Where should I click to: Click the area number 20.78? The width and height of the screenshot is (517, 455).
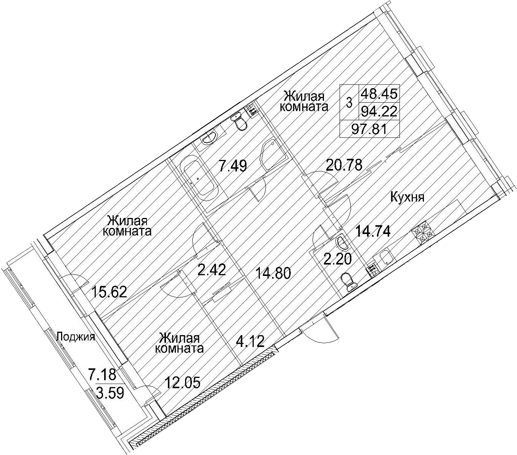tap(344, 165)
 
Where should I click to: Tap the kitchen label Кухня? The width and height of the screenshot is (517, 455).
tap(407, 197)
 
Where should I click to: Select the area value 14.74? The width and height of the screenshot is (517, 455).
tap(373, 232)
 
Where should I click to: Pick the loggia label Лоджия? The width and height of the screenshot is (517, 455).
tap(76, 337)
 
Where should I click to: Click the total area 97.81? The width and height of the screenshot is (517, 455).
tap(369, 129)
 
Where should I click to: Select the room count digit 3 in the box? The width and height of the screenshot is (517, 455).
tap(349, 103)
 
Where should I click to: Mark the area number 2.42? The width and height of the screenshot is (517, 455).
tap(212, 270)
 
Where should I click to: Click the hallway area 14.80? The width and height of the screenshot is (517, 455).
tap(273, 274)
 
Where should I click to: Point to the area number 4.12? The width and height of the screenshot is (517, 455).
tap(250, 342)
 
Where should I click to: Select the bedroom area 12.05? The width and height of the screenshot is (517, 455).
tap(182, 383)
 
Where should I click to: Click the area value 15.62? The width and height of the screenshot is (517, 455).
tap(109, 292)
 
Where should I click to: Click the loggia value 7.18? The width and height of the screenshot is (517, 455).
tap(102, 374)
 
